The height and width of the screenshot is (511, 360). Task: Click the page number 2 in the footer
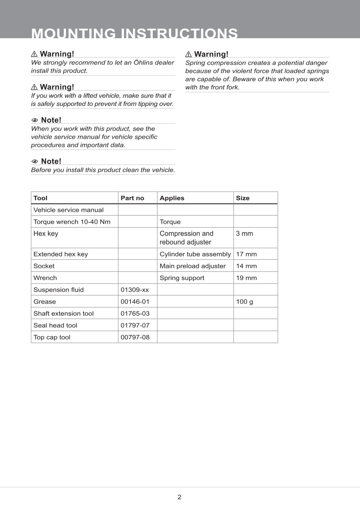pyautogui.click(x=179, y=497)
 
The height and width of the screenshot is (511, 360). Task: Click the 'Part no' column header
pyautogui.click(x=133, y=198)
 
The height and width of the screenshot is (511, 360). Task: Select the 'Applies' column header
pyautogui.click(x=172, y=198)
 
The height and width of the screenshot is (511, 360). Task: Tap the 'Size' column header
pyautogui.click(x=242, y=198)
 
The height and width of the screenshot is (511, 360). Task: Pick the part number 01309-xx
pyautogui.click(x=135, y=290)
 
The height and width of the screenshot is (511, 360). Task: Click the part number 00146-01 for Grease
pyautogui.click(x=135, y=301)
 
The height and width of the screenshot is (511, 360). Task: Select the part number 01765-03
pyautogui.click(x=135, y=313)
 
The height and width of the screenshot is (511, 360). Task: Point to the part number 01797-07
pyautogui.click(x=135, y=325)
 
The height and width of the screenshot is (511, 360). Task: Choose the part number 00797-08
pyautogui.click(x=135, y=337)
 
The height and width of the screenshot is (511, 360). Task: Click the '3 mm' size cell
pyautogui.click(x=245, y=234)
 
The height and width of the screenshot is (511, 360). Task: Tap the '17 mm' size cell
pyautogui.click(x=246, y=254)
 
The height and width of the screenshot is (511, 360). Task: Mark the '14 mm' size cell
pyautogui.click(x=246, y=266)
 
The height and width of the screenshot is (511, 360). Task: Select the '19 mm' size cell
pyautogui.click(x=246, y=278)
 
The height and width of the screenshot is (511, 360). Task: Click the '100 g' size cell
pyautogui.click(x=245, y=301)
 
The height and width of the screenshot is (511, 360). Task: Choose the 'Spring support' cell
pyautogui.click(x=182, y=278)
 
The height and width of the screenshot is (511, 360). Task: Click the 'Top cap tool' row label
pyautogui.click(x=52, y=337)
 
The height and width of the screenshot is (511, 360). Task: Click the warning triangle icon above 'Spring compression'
pyautogui.click(x=188, y=54)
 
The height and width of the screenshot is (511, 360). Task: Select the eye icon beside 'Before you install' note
pyautogui.click(x=35, y=161)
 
